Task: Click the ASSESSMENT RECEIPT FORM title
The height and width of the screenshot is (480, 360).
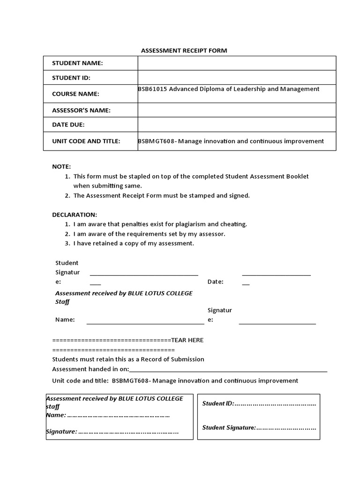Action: pos(184,51)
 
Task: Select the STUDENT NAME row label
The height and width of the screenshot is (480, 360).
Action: pos(77,63)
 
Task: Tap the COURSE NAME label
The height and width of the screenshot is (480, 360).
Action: pos(75,94)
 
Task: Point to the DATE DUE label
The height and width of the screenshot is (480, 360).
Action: pos(68,125)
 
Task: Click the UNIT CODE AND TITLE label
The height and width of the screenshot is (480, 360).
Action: pos(86,141)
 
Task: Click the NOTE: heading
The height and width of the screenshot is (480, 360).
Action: pos(61,166)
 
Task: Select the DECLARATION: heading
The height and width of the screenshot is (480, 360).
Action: pos(75,215)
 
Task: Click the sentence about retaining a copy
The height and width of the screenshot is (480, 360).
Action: pos(134,243)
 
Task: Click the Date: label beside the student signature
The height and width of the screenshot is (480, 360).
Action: pos(215,282)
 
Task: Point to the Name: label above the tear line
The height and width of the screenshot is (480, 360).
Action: pos(65,320)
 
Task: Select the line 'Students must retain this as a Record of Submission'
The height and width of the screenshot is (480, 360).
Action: pos(128,359)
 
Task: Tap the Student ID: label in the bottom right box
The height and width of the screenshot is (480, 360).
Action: pos(217,403)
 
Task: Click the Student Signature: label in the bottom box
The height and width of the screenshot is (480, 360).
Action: pos(229,427)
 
